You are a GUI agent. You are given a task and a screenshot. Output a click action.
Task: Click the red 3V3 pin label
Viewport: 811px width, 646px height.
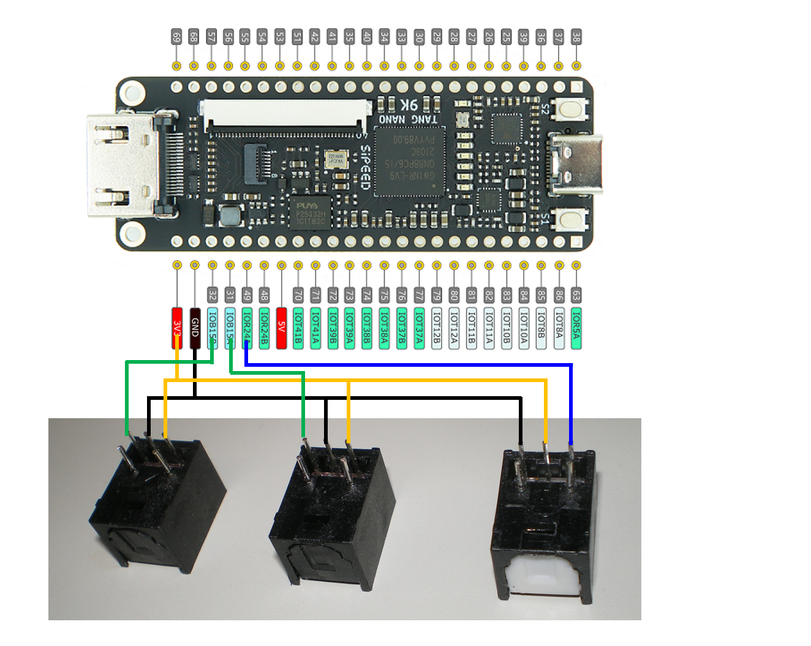click(177, 328)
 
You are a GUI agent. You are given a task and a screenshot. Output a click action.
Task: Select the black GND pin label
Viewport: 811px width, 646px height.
click(195, 328)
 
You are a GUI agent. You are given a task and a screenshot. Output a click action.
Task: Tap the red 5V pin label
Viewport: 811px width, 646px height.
click(282, 328)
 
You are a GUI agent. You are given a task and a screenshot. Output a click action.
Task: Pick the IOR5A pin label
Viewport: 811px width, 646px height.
click(576, 328)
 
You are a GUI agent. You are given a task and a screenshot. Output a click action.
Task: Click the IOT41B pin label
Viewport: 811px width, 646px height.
click(298, 328)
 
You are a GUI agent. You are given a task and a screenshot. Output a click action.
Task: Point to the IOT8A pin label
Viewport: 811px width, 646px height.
click(559, 328)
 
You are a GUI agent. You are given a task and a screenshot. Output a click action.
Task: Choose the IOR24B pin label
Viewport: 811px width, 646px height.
click(264, 328)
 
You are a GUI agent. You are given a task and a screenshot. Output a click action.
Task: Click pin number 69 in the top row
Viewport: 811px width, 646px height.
click(176, 37)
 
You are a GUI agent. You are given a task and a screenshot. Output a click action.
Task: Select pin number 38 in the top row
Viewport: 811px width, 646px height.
click(576, 37)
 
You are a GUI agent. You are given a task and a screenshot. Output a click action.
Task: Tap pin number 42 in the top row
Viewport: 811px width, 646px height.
click(314, 37)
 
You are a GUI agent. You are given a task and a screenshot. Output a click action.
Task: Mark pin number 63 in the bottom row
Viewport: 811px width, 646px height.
click(576, 295)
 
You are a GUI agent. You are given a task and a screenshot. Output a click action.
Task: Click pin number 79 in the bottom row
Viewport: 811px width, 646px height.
click(437, 295)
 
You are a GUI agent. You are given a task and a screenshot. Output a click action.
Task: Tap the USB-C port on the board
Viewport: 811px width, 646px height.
click(576, 164)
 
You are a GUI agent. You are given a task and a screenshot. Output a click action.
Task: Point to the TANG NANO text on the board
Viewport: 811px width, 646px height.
click(409, 119)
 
